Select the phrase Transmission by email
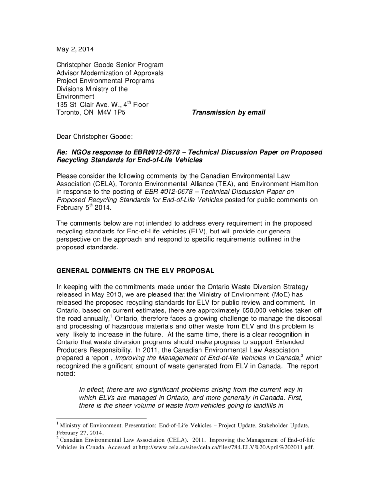[229, 113]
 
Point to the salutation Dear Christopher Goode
[95, 136]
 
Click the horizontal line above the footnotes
[101, 418]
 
